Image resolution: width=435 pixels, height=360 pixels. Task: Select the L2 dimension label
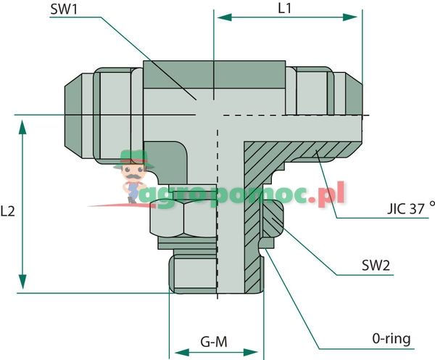tap(8, 212)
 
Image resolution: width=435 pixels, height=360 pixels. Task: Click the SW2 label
tap(376, 266)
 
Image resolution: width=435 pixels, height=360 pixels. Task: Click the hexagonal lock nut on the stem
tap(181, 220)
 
